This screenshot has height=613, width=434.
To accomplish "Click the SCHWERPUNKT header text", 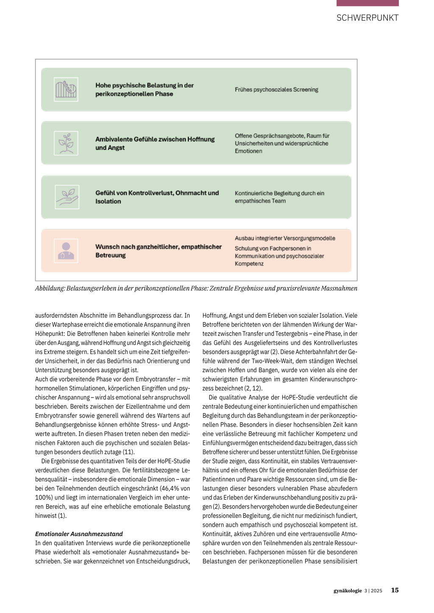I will pyautogui.click(x=367, y=18).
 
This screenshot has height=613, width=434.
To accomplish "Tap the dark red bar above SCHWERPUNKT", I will pyautogui.click(x=367, y=3).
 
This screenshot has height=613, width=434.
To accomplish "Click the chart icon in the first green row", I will pyautogui.click(x=66, y=89).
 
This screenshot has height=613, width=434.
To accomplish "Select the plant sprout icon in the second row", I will pyautogui.click(x=66, y=143).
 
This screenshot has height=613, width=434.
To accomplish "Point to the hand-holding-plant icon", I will pyautogui.click(x=67, y=197).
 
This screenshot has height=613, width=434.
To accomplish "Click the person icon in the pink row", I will pyautogui.click(x=66, y=251).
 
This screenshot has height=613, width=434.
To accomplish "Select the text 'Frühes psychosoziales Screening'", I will pyautogui.click(x=276, y=90).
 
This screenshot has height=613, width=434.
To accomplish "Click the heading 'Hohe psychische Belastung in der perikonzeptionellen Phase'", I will pyautogui.click(x=144, y=90).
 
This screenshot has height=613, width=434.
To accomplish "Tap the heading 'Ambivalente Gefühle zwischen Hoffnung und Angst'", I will pyautogui.click(x=155, y=144).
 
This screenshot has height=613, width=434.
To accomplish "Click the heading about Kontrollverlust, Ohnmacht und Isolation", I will pyautogui.click(x=157, y=197).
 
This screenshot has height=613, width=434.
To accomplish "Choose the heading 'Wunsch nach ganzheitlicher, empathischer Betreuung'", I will pyautogui.click(x=158, y=251).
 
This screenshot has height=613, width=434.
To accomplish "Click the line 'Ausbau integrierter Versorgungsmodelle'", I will pyautogui.click(x=285, y=238).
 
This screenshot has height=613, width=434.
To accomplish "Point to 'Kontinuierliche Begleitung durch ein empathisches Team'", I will pyautogui.click(x=279, y=197).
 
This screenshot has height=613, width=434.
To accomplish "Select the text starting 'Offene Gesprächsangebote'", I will pyautogui.click(x=282, y=144).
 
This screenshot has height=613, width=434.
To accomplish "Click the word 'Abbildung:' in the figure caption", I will pyautogui.click(x=50, y=288).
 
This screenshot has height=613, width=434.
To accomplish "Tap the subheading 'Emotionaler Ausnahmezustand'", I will pyautogui.click(x=79, y=534).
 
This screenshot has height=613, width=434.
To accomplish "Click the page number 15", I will pyautogui.click(x=395, y=590).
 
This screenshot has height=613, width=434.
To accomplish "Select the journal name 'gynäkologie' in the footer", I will pyautogui.click(x=348, y=591).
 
